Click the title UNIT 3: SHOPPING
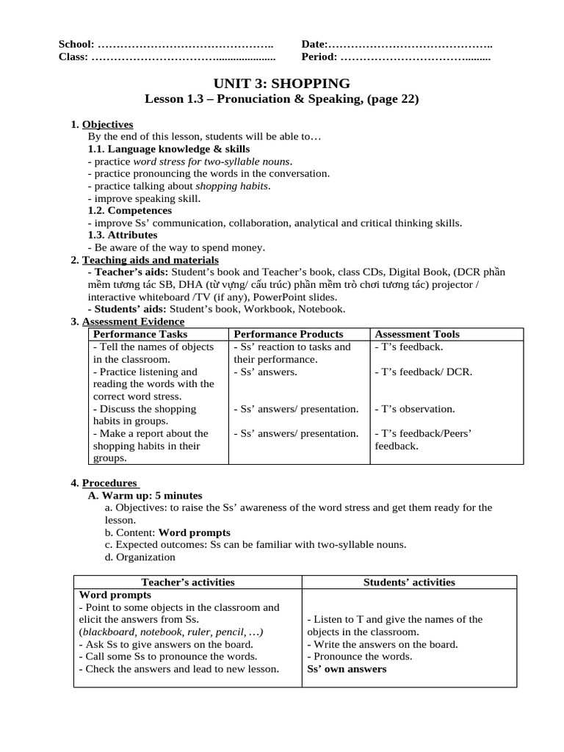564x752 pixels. click(x=281, y=83)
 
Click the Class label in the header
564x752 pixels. click(x=73, y=57)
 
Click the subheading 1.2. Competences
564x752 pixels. click(x=129, y=211)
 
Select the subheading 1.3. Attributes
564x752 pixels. click(x=123, y=235)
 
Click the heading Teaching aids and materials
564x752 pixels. click(x=150, y=260)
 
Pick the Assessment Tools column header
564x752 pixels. click(x=417, y=334)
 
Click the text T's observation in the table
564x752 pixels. click(x=415, y=409)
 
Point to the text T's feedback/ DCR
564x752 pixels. click(x=423, y=372)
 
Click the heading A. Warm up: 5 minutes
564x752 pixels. click(x=145, y=496)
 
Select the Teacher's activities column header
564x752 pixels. click(x=188, y=582)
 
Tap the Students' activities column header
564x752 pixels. click(x=409, y=582)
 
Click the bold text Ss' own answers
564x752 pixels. click(x=347, y=669)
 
